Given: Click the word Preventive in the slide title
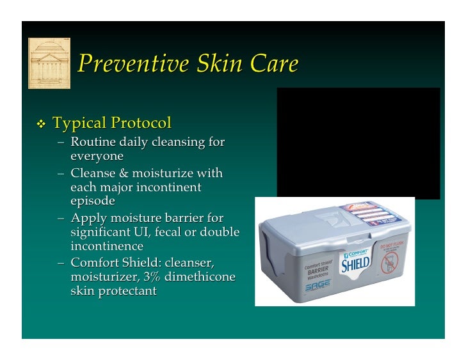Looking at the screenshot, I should (x=133, y=64).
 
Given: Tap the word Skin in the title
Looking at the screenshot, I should (x=222, y=64).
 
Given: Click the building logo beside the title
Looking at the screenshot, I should (x=49, y=63).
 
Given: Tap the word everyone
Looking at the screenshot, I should (x=97, y=156).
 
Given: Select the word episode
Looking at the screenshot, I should (x=93, y=201).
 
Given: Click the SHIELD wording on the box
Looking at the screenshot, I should (x=355, y=263).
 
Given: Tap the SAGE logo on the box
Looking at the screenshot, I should (x=317, y=288).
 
